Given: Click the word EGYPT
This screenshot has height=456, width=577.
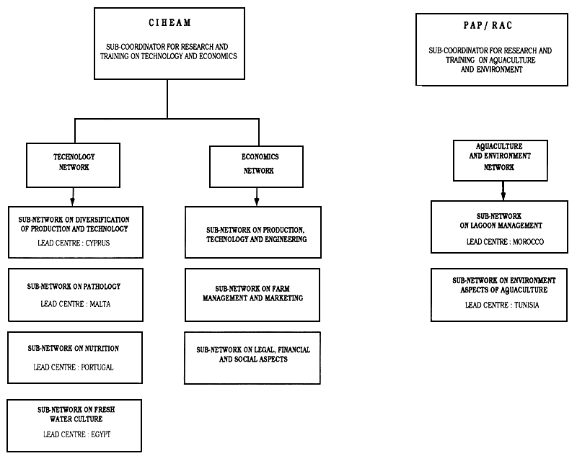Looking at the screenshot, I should [x=102, y=434].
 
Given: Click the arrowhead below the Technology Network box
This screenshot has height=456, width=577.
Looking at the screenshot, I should [x=73, y=201].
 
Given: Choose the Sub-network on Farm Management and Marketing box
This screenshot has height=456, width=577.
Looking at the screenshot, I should [x=252, y=294].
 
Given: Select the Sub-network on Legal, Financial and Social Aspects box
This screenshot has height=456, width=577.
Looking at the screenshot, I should [x=252, y=355].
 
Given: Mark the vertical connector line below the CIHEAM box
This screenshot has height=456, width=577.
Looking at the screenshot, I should [x=167, y=97].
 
